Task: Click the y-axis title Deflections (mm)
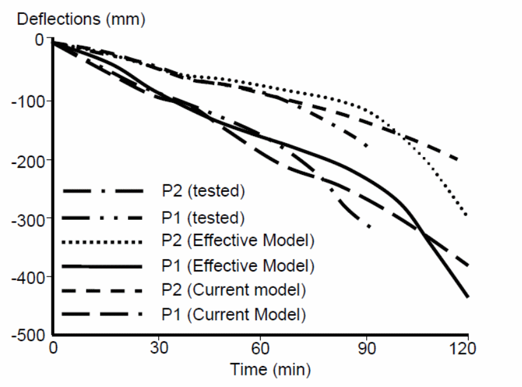[81, 18]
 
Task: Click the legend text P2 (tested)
[203, 191]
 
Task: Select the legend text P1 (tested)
[203, 217]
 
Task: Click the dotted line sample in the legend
[102, 242]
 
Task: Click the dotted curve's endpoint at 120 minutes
[467, 215]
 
